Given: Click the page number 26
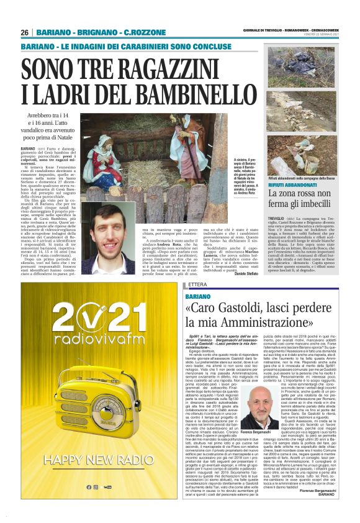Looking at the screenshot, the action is (25, 32).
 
